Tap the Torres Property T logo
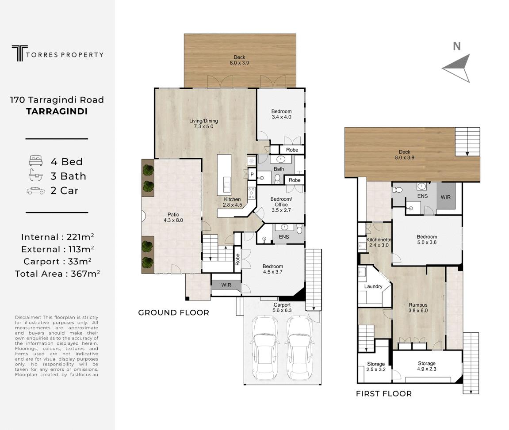19,53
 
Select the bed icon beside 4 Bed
36,161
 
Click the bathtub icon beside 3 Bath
36,175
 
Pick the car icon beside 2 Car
36,190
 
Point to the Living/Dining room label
203,124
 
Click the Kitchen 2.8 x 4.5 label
233,202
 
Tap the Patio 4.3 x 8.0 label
173,217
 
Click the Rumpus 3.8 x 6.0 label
418,308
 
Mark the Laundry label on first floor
373,286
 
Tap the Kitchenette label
379,240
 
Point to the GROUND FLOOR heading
174,312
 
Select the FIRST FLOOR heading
384,394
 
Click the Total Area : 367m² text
57,274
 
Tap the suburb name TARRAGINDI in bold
57,111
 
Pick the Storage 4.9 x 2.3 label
427,366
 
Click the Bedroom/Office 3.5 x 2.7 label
281,205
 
